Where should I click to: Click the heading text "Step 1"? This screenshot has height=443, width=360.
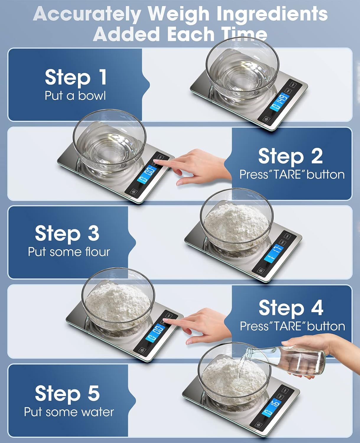[x=76, y=77]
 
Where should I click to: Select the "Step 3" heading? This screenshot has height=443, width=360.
[x=67, y=233]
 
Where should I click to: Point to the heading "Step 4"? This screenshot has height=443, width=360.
[x=291, y=308]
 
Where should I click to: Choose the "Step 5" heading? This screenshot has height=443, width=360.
[x=67, y=394]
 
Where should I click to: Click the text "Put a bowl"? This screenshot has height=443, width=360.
[x=75, y=96]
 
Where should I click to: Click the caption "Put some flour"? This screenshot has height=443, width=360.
[x=69, y=252]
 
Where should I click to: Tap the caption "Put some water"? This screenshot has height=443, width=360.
[x=69, y=412]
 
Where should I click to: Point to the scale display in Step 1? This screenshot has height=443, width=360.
[x=279, y=102]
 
